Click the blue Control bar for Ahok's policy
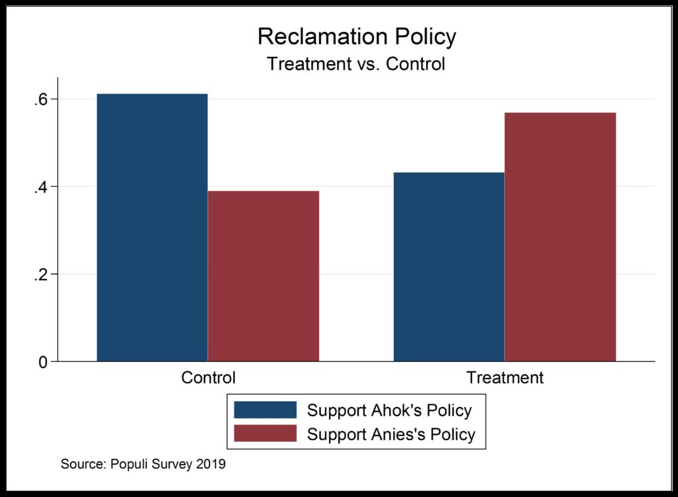click(152, 228)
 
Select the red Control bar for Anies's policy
click(264, 276)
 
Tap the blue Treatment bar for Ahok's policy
click(449, 267)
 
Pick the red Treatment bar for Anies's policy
click(560, 237)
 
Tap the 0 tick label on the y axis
click(44, 362)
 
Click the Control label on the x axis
click(208, 378)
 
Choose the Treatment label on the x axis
click(505, 378)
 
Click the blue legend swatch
click(265, 410)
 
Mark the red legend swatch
click(265, 434)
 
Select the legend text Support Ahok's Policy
click(389, 410)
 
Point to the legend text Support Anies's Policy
click(391, 435)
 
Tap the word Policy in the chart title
click(424, 37)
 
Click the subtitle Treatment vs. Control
click(356, 64)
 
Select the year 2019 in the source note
click(211, 465)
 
